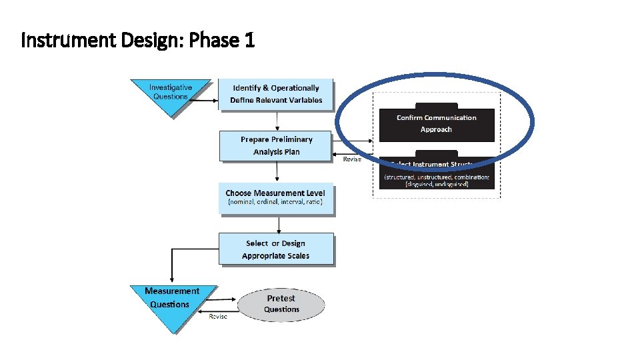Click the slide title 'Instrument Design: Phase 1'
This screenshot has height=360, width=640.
(x=138, y=41)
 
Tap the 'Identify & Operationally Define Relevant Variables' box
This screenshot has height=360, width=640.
(x=276, y=94)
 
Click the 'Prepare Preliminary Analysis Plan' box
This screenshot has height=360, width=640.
(x=276, y=145)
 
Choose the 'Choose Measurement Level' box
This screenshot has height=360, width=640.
(x=275, y=198)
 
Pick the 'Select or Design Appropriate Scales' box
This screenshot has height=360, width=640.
(x=275, y=249)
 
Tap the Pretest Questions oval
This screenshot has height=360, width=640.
(x=281, y=304)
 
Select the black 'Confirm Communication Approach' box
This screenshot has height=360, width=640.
(x=437, y=123)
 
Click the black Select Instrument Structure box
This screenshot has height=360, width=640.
(x=437, y=174)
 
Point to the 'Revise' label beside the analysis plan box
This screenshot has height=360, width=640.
(x=352, y=159)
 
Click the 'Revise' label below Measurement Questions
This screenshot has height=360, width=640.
(x=218, y=316)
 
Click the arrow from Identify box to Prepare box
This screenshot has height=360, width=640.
(x=276, y=121)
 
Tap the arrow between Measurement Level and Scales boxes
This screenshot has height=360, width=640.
(x=276, y=223)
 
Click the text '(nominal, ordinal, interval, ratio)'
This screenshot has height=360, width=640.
(x=275, y=202)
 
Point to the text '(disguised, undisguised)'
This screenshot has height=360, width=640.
(x=437, y=184)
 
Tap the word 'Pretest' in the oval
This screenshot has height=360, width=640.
(x=281, y=298)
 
